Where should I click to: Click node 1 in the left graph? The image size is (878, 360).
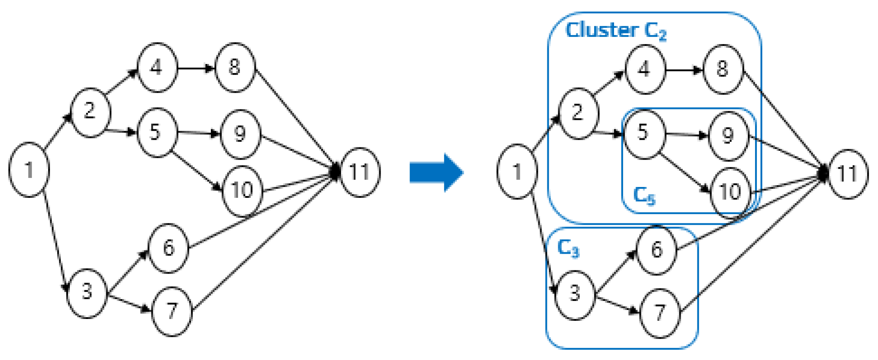29,170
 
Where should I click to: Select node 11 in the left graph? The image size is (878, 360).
359,172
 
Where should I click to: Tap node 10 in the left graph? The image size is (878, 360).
242,190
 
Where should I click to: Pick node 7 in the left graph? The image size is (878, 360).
172,311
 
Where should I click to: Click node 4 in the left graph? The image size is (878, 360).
156,68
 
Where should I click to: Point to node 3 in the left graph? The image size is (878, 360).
87,292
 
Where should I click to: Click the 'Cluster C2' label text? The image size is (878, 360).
615,31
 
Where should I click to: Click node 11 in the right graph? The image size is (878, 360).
847,173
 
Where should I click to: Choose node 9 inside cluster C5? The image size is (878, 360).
728,136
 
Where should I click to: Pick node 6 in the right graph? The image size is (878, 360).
656,250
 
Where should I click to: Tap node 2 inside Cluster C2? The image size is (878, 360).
578,113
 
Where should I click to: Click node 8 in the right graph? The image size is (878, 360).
723,69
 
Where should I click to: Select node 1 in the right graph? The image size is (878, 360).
517,172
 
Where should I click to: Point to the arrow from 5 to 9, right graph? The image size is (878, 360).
686,134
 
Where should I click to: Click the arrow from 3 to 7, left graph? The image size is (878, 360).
129,303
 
